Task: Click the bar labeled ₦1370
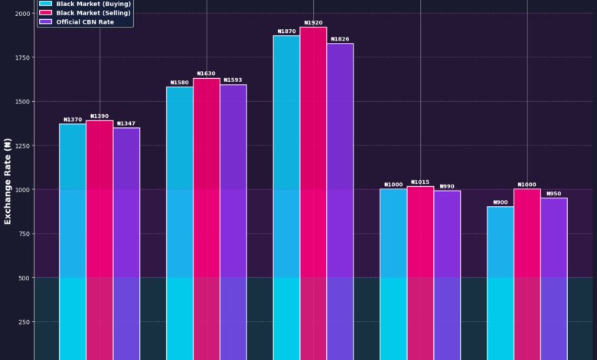coord(73,241)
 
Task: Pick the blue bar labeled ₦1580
coord(180,222)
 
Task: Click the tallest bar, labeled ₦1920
coord(313,191)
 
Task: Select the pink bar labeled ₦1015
coord(420,272)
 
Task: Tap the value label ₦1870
coord(286,31)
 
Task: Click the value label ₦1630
coord(207,74)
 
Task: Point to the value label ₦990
coord(447,186)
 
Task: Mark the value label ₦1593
coord(233,80)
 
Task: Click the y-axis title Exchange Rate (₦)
coord(8,180)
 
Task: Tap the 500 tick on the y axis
coord(24,277)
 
